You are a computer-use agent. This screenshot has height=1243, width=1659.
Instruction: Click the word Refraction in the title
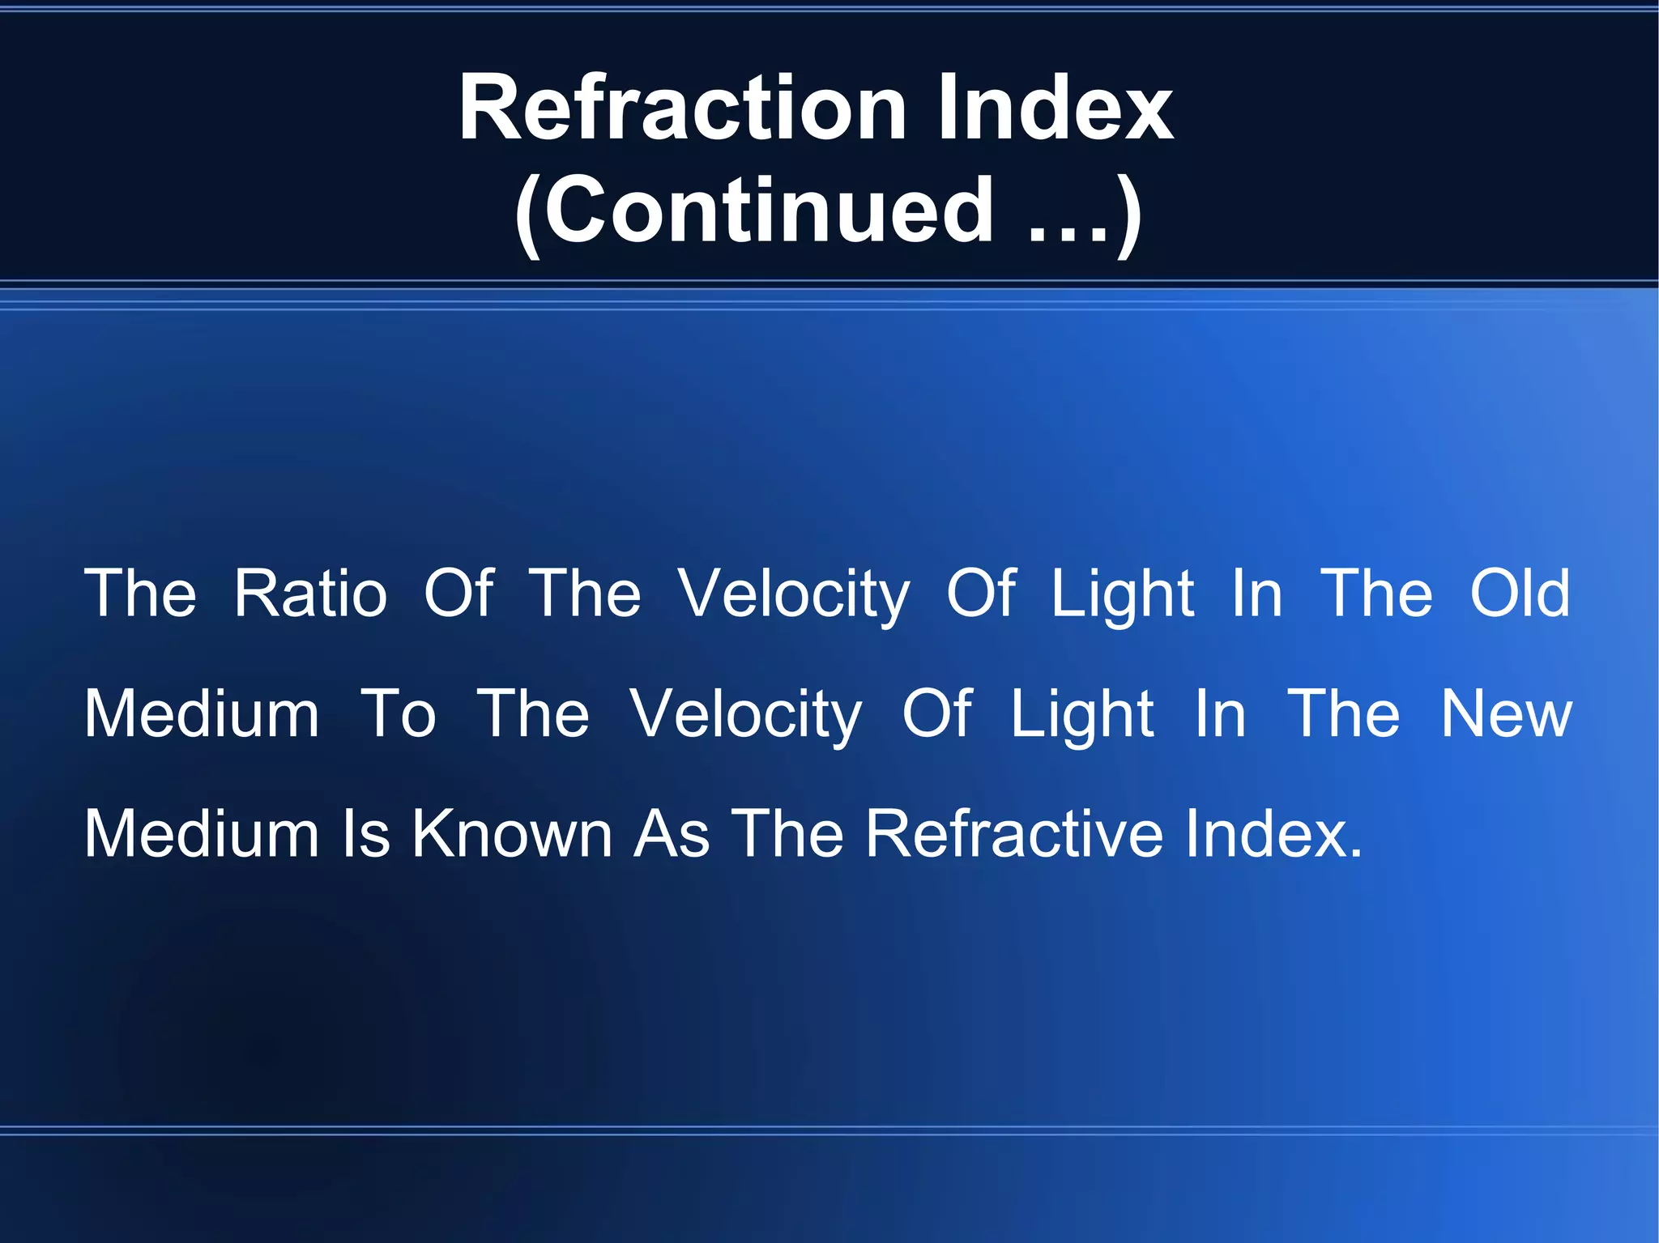click(x=682, y=109)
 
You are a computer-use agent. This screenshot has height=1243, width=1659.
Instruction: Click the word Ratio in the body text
click(x=310, y=594)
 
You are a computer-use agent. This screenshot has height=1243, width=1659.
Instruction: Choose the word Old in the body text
click(x=1520, y=594)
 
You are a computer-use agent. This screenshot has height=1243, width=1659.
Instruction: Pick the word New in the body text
click(x=1506, y=714)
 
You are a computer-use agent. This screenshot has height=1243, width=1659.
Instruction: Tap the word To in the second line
click(x=398, y=714)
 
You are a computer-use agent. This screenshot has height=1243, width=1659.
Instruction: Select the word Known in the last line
click(x=512, y=834)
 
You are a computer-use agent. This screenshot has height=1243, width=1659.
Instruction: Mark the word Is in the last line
click(x=366, y=834)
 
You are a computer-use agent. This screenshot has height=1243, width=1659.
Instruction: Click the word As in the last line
click(x=672, y=834)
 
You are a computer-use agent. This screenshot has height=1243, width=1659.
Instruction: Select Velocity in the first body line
click(x=794, y=595)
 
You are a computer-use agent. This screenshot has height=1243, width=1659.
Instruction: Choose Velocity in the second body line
click(x=746, y=716)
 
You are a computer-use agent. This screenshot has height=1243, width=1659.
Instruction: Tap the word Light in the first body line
click(x=1122, y=595)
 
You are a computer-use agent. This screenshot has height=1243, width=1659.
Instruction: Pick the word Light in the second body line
click(x=1081, y=716)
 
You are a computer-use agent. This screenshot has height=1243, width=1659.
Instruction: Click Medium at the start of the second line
click(x=202, y=714)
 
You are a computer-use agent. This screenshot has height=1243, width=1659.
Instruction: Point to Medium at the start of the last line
click(x=202, y=834)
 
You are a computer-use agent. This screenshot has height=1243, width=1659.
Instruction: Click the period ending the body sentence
click(x=1356, y=855)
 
